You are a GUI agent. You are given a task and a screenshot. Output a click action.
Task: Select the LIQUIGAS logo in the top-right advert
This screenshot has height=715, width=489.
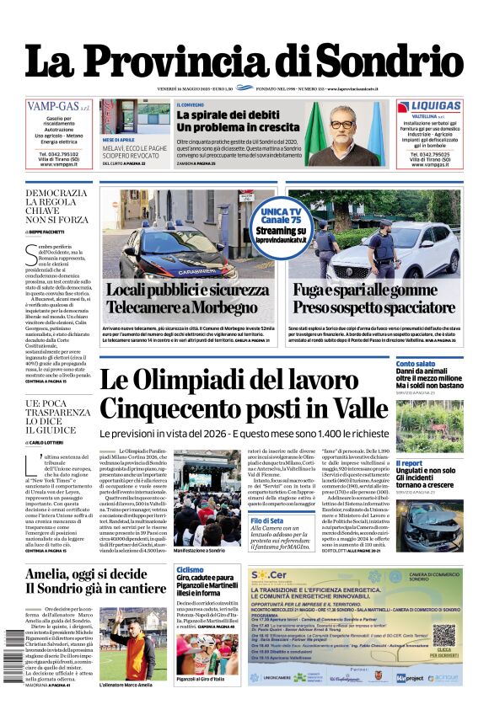point(429,106)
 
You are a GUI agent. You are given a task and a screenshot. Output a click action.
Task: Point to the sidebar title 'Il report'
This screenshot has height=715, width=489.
point(410,463)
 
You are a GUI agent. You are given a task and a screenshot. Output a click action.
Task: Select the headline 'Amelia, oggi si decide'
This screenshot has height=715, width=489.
point(85,574)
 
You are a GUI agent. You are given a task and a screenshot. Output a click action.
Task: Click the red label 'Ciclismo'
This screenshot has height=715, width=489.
point(189,570)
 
